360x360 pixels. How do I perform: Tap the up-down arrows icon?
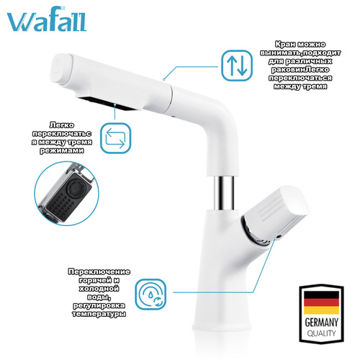[237, 66]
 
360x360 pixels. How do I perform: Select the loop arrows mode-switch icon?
[115, 138]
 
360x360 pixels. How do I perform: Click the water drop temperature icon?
[150, 294]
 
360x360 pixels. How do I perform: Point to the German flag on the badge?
[321, 302]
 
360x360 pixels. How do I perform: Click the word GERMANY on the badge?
[321, 323]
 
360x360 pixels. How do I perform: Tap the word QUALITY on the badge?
[321, 333]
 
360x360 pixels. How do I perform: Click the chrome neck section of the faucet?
[224, 192]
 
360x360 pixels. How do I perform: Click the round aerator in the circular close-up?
[76, 186]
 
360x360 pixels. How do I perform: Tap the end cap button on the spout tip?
[60, 69]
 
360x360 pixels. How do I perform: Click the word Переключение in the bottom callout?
[99, 272]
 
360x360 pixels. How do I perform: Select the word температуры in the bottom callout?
[99, 314]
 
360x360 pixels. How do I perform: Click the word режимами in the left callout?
[62, 150]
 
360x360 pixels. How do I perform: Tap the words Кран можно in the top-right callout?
[300, 45]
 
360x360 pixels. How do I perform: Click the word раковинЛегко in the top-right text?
[300, 70]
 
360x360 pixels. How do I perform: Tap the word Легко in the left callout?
[62, 125]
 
